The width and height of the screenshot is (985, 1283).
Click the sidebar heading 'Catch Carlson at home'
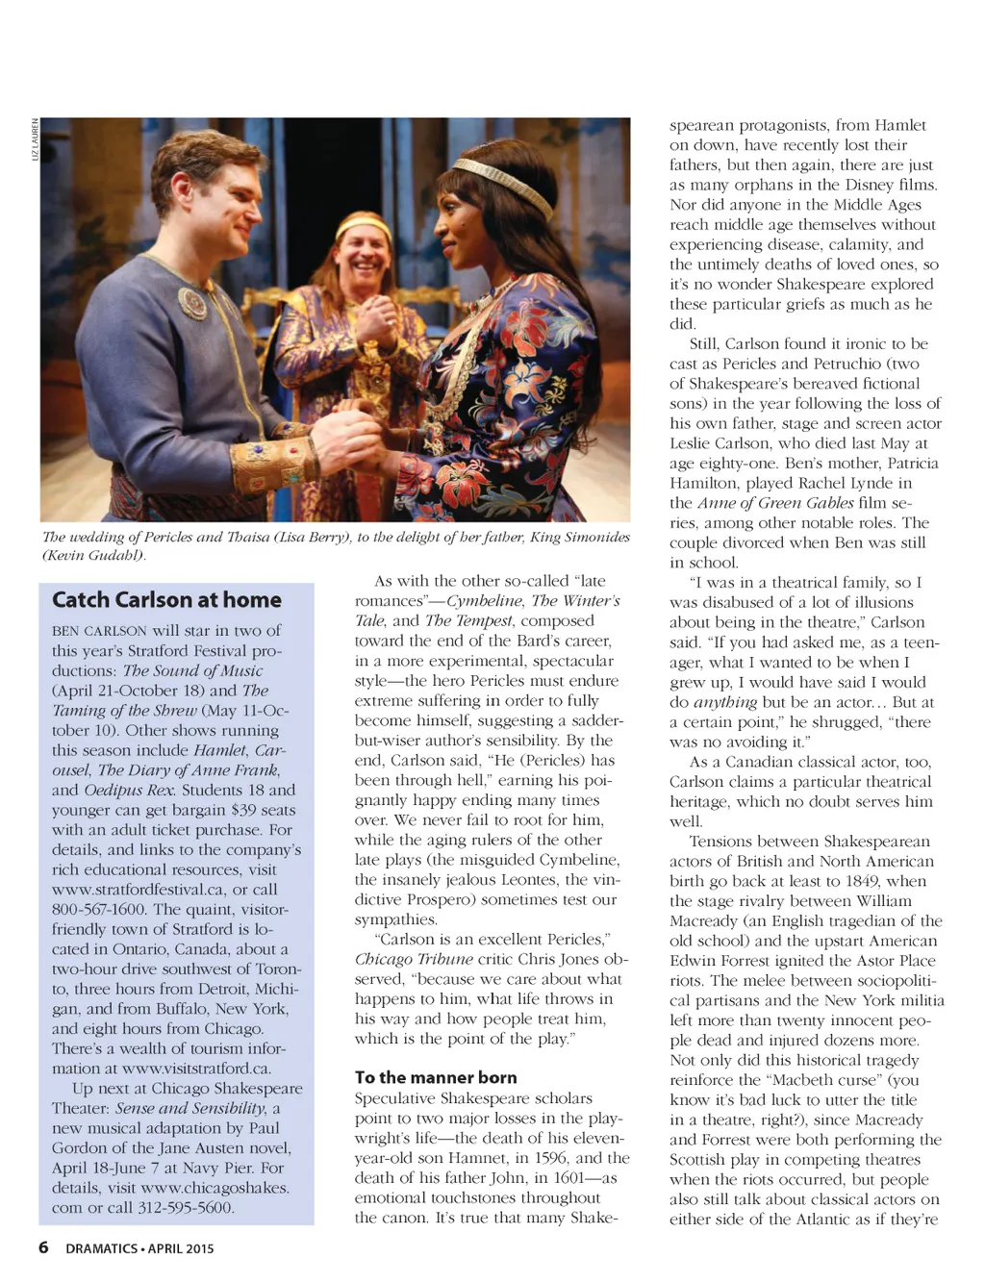click(x=166, y=600)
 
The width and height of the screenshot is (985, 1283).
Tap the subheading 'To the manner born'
click(x=436, y=1077)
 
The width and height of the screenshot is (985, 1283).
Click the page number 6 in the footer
click(x=43, y=1247)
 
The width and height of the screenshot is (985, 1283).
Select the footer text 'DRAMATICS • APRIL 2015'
click(x=139, y=1248)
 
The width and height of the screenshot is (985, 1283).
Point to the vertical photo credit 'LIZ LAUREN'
click(x=36, y=139)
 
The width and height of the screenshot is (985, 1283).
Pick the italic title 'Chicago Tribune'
click(x=414, y=959)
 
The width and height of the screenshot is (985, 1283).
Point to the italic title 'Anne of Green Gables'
click(x=775, y=503)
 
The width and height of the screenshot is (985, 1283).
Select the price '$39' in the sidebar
click(x=243, y=810)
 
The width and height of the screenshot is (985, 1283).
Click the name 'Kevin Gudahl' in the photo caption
click(x=93, y=556)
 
